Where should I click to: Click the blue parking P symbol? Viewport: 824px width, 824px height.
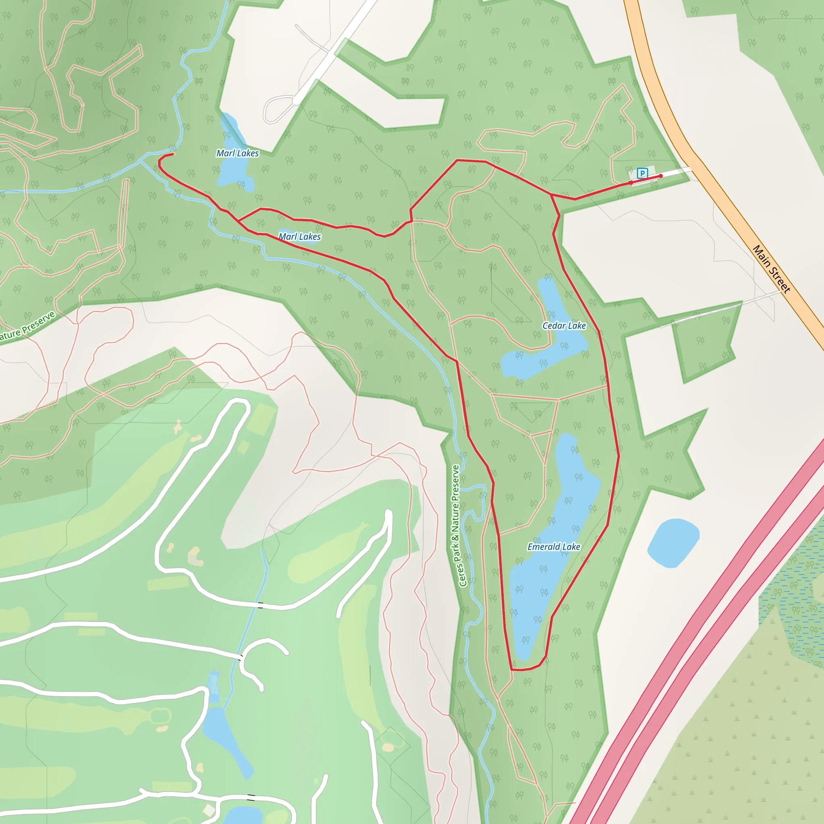click(x=642, y=173)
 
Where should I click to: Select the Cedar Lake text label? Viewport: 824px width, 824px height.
click(x=564, y=326)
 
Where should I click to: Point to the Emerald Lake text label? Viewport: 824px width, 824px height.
click(x=554, y=547)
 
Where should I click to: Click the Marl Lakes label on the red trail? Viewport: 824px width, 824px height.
click(x=299, y=237)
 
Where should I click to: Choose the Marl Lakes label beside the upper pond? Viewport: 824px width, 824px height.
click(x=237, y=153)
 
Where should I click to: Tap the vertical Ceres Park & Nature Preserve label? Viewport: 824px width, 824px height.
click(x=455, y=525)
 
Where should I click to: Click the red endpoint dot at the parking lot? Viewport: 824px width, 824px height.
click(x=661, y=176)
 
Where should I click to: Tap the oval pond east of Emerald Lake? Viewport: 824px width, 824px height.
click(x=673, y=543)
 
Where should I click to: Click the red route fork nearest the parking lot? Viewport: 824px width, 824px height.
click(x=551, y=195)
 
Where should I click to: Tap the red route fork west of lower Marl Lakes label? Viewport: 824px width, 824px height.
click(x=239, y=220)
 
